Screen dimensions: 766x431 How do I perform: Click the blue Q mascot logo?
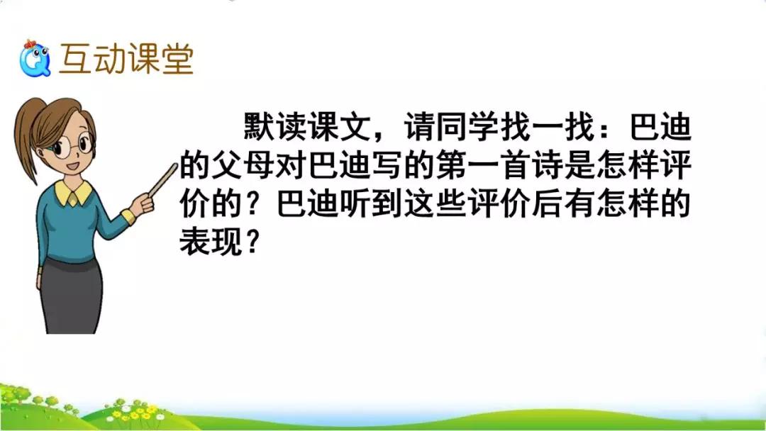click(35, 59)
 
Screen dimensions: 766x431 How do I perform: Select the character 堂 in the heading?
click(178, 59)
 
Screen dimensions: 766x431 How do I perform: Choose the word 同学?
click(467, 127)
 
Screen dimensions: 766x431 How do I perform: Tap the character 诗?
click(548, 165)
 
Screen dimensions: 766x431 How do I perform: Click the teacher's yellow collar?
click(73, 192)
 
